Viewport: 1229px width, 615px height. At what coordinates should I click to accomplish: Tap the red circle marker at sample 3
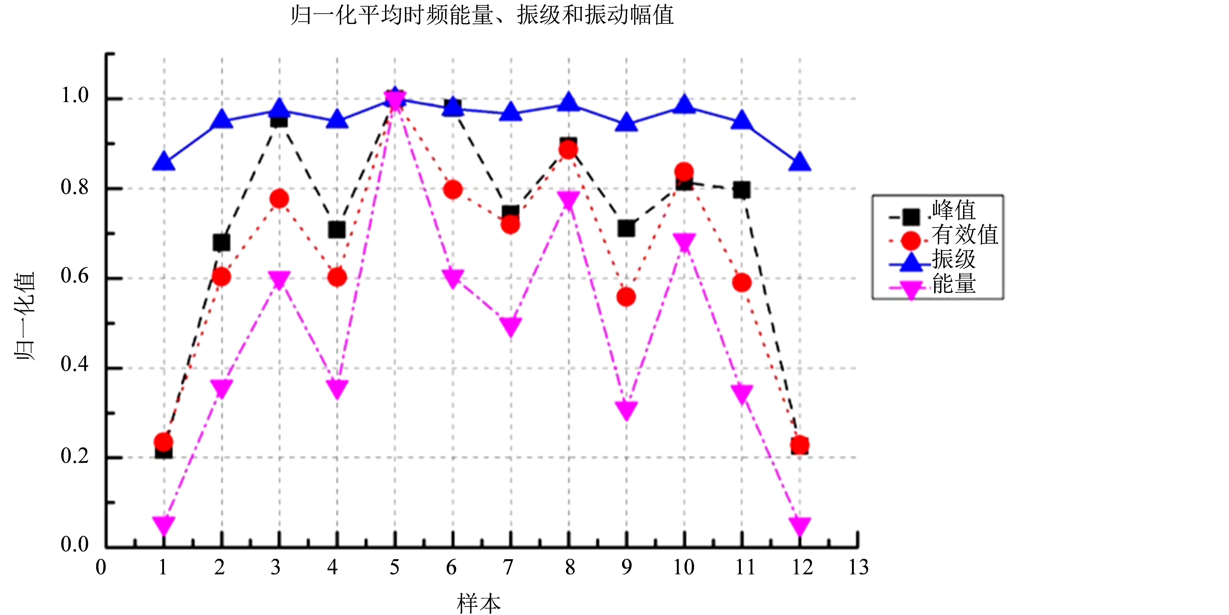[279, 198]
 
